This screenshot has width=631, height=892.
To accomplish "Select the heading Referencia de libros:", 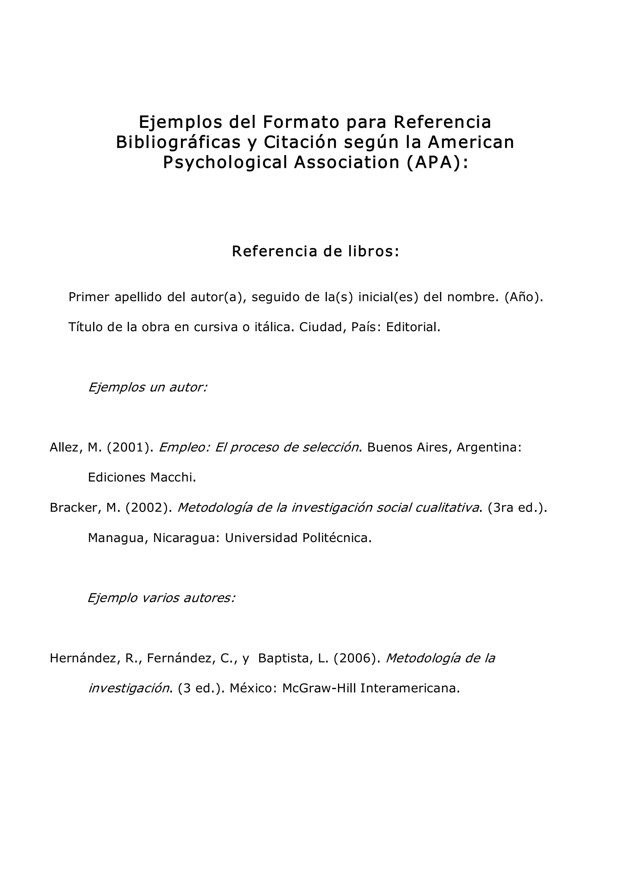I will coord(315,251).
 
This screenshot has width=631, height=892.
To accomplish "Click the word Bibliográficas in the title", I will coord(178,142).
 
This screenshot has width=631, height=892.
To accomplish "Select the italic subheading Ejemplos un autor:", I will coord(148,387).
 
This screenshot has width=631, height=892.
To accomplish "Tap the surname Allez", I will coord(64,448).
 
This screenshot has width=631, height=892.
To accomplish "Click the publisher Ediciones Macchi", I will coord(141,477).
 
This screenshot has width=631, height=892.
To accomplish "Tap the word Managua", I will coord(117,538).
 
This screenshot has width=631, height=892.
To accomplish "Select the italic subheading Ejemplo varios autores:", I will coord(161,598).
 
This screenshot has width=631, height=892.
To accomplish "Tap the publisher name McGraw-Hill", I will coord(319,688).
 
